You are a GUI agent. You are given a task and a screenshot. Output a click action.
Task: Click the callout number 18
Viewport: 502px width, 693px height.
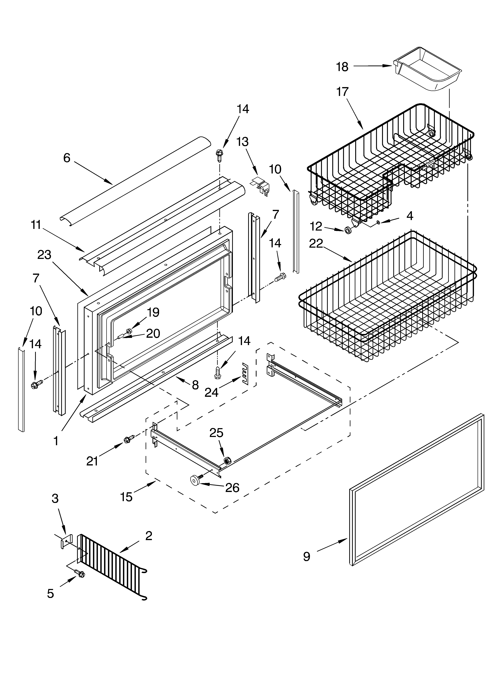point(342,67)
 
